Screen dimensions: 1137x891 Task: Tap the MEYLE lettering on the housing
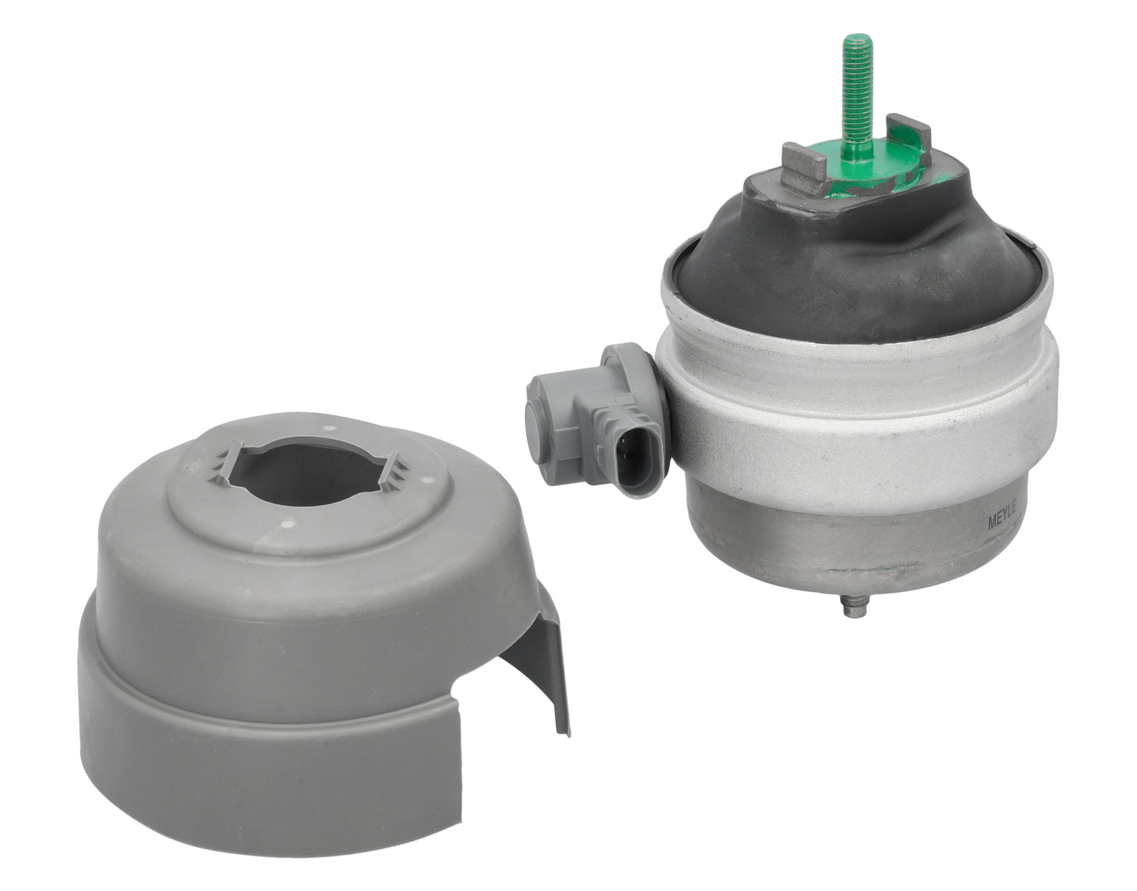[1001, 516]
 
